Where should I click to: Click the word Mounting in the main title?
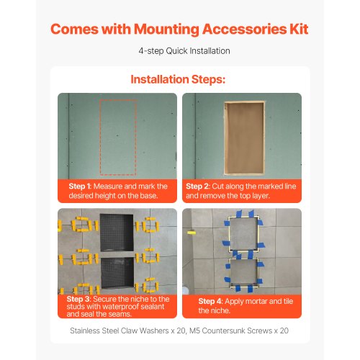click(166, 30)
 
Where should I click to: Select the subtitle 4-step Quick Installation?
click(184, 51)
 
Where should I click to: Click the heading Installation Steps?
click(178, 79)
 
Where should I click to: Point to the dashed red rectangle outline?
click(100, 138)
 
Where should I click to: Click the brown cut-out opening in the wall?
click(244, 138)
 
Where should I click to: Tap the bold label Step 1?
click(79, 186)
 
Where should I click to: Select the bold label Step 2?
click(197, 186)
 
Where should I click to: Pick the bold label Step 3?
click(78, 299)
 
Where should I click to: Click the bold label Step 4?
click(210, 301)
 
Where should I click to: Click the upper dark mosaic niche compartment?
click(117, 232)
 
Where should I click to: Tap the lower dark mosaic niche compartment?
click(117, 273)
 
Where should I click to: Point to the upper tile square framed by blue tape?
click(244, 233)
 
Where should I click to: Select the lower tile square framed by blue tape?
click(244, 272)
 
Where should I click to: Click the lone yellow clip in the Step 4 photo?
click(192, 233)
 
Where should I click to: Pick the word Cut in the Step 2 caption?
click(218, 186)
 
